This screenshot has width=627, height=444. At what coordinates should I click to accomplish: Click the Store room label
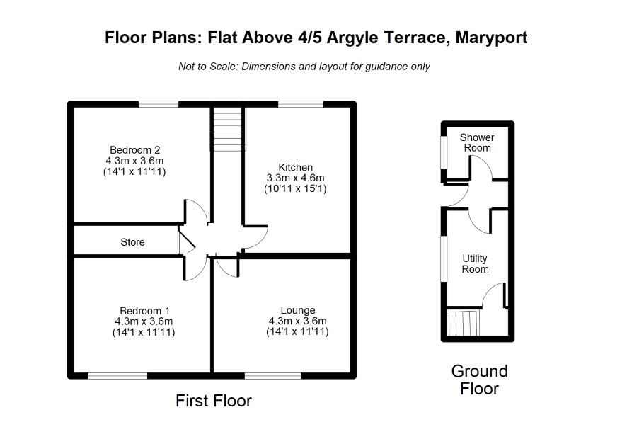pyautogui.click(x=132, y=242)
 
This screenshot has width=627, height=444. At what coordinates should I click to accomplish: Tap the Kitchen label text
pyautogui.click(x=296, y=167)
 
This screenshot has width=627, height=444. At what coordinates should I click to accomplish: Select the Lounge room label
pyautogui.click(x=298, y=310)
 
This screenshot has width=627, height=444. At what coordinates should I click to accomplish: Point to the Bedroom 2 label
pyautogui.click(x=134, y=150)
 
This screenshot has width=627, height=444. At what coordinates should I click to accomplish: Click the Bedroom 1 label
pyautogui.click(x=144, y=311)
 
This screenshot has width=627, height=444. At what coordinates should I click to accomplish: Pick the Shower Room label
pyautogui.click(x=477, y=142)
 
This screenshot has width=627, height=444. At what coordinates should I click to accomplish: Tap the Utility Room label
pyautogui.click(x=475, y=263)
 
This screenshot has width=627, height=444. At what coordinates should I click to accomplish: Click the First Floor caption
pyautogui.click(x=214, y=400)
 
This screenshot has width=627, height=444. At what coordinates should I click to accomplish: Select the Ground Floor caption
pyautogui.click(x=479, y=380)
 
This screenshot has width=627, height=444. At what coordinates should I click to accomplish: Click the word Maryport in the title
pyautogui.click(x=491, y=38)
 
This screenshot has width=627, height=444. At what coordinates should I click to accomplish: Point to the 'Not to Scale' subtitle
pyautogui.click(x=304, y=67)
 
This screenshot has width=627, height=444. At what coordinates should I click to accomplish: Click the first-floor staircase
pyautogui.click(x=228, y=129)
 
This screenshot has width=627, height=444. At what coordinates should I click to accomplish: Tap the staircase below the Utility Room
pyautogui.click(x=464, y=323)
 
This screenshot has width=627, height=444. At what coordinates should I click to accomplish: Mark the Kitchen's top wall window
pyautogui.click(x=301, y=104)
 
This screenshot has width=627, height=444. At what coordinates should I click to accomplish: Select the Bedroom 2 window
pyautogui.click(x=159, y=104)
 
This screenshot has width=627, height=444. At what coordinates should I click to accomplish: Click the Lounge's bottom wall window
pyautogui.click(x=272, y=376)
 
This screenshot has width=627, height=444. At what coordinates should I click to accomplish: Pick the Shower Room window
pyautogui.click(x=444, y=153)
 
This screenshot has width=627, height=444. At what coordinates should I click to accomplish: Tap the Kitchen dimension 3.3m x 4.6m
pyautogui.click(x=296, y=178)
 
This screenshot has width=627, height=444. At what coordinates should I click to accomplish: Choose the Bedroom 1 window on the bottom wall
pyautogui.click(x=117, y=376)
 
